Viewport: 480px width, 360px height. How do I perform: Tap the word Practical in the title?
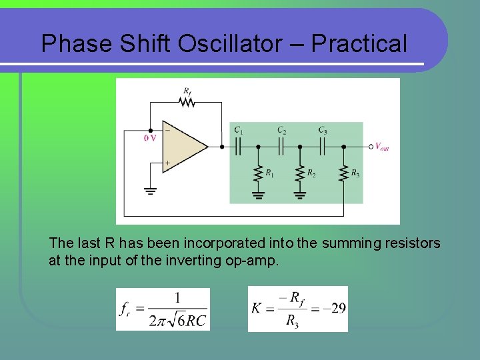pyautogui.click(x=359, y=44)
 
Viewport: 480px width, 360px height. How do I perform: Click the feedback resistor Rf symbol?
pyautogui.click(x=187, y=102)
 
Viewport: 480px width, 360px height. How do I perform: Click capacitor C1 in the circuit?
pyautogui.click(x=237, y=146)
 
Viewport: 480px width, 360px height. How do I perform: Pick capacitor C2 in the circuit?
pyautogui.click(x=281, y=146)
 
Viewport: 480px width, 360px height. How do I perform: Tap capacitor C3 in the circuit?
pyautogui.click(x=322, y=146)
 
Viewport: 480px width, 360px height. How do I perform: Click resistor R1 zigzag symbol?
pyautogui.click(x=257, y=173)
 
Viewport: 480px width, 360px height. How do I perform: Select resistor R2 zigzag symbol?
pyautogui.click(x=300, y=173)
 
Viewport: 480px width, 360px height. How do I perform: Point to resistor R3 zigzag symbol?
pyautogui.click(x=343, y=173)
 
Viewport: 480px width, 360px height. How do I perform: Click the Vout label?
pyautogui.click(x=381, y=147)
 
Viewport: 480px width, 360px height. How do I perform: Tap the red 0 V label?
pyautogui.click(x=150, y=138)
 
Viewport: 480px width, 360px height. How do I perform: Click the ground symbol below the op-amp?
pyautogui.click(x=150, y=191)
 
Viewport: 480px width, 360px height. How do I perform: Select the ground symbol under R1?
pyautogui.click(x=257, y=195)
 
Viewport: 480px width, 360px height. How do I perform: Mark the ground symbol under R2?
pyautogui.click(x=300, y=195)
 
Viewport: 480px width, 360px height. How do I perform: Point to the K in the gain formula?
pyautogui.click(x=257, y=308)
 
